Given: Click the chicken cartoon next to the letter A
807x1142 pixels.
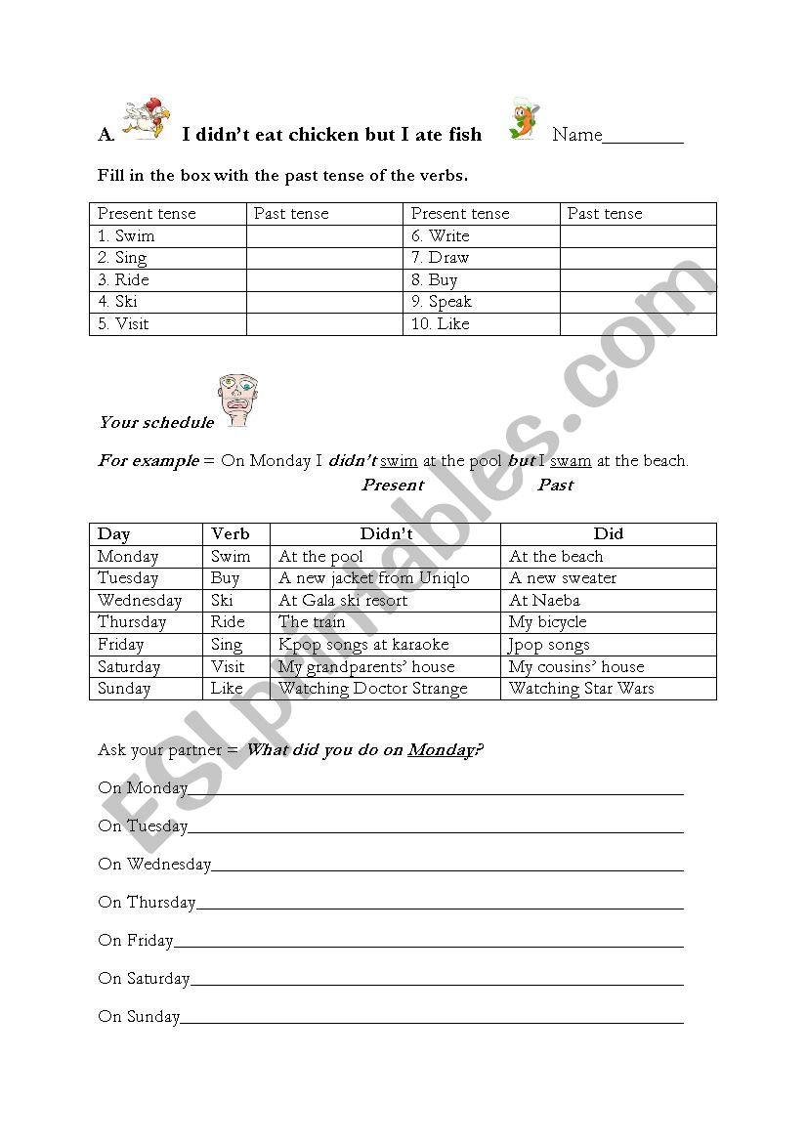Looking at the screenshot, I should pyautogui.click(x=143, y=119).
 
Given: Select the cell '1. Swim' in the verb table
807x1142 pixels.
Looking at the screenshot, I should pyautogui.click(x=126, y=236).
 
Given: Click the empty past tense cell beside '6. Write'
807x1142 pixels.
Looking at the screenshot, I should pyautogui.click(x=637, y=236).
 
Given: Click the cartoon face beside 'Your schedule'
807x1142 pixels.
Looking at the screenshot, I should pyautogui.click(x=236, y=400).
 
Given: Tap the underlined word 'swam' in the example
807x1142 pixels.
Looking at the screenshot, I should pyautogui.click(x=571, y=461).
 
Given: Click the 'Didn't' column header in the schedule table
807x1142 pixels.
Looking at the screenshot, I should pyautogui.click(x=385, y=534).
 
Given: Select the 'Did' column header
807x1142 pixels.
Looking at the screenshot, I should pyautogui.click(x=608, y=534).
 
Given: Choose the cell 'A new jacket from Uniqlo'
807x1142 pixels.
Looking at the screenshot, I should pyautogui.click(x=374, y=578).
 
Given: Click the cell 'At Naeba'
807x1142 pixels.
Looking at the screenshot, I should pyautogui.click(x=544, y=601).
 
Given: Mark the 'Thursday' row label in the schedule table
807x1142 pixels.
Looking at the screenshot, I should pyautogui.click(x=132, y=622).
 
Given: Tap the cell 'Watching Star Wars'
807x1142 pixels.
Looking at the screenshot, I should pyautogui.click(x=581, y=689).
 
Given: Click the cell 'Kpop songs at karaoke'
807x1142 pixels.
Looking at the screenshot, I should pyautogui.click(x=363, y=645).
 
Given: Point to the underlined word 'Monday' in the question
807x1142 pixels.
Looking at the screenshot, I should pyautogui.click(x=440, y=750).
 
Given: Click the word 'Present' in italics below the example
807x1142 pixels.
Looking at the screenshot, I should pyautogui.click(x=393, y=486).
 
